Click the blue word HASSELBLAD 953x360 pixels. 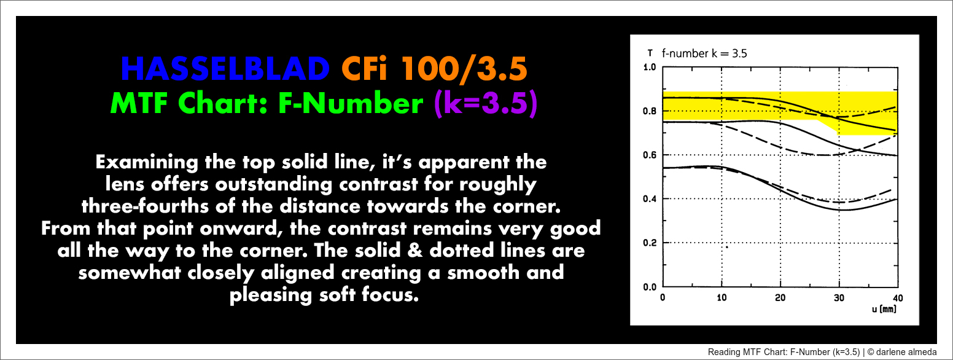[x=225, y=69]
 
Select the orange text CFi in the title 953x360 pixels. [x=365, y=69]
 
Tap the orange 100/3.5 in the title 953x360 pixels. [x=464, y=69]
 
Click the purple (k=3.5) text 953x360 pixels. [x=486, y=103]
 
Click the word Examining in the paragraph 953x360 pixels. [x=147, y=163]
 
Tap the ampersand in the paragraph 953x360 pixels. [x=415, y=250]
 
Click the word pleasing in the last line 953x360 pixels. [x=271, y=295]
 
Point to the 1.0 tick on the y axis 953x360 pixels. [x=649, y=67]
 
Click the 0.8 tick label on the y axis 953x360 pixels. [x=649, y=111]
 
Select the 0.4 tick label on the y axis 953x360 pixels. [x=649, y=198]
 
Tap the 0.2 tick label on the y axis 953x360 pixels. [x=649, y=243]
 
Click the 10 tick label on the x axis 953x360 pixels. [x=722, y=297]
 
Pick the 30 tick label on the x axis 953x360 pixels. [x=839, y=297]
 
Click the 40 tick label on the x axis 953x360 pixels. [x=898, y=297]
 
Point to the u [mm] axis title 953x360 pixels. [x=884, y=309]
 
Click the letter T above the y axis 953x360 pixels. [x=650, y=53]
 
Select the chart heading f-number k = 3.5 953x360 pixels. [x=704, y=53]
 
